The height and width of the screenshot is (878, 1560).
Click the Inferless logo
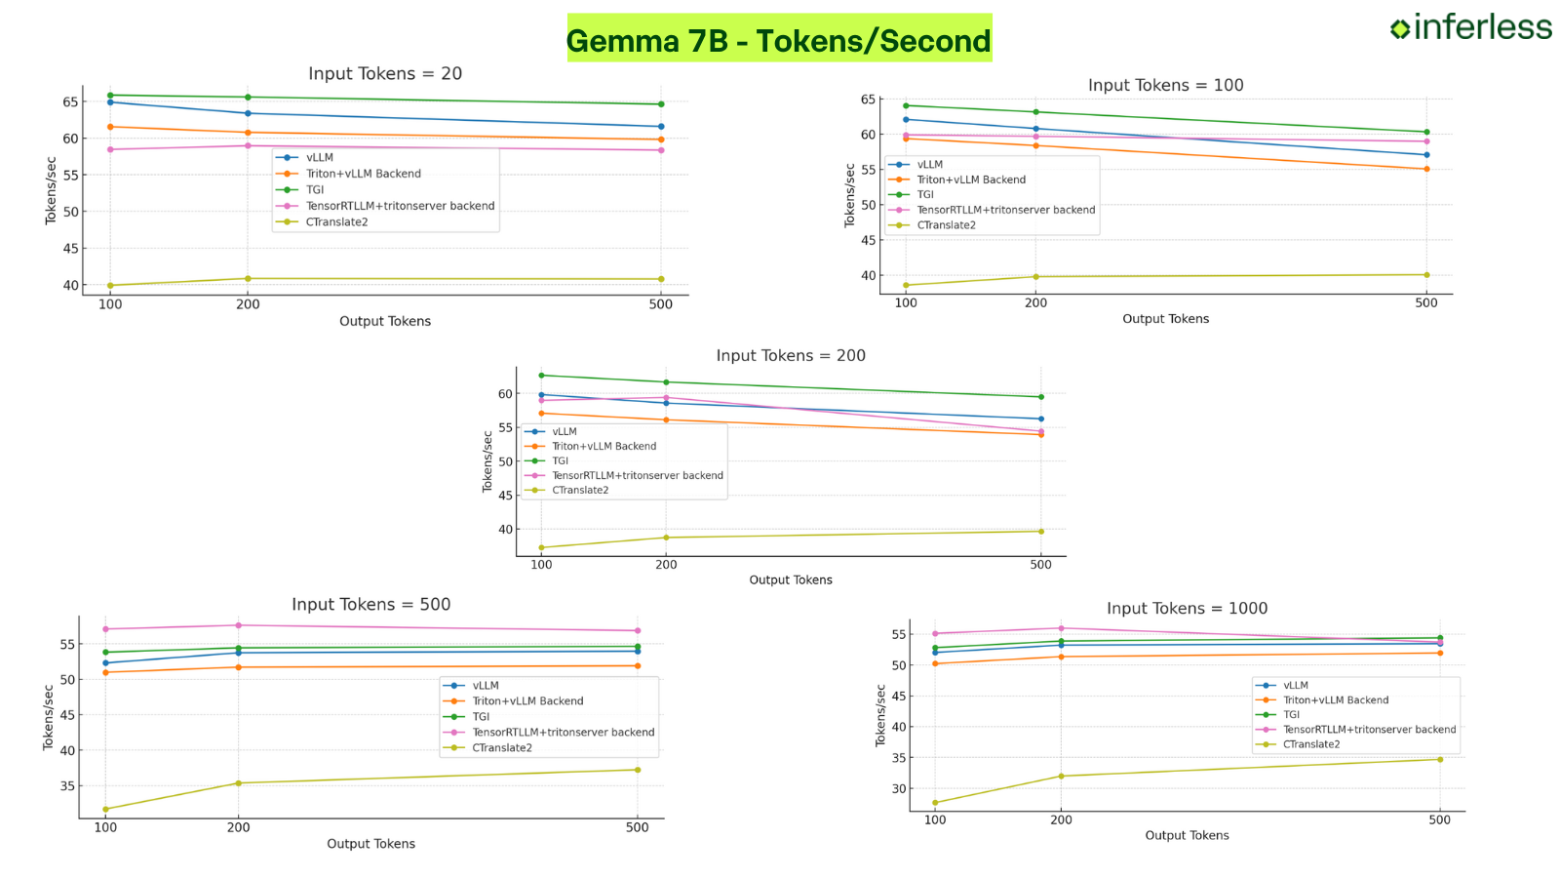[x=1470, y=27]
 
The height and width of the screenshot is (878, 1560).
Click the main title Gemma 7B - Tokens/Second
[x=778, y=41]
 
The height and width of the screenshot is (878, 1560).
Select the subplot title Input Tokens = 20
[x=385, y=74]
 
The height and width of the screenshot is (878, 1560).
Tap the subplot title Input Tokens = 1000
[x=1187, y=609]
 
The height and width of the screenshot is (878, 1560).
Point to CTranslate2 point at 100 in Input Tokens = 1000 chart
[x=935, y=803]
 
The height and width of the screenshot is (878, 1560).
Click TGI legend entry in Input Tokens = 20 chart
[x=314, y=190]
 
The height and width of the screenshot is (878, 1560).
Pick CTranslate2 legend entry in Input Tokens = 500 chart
[x=501, y=748]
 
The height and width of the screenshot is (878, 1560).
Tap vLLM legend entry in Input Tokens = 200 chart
[x=564, y=431]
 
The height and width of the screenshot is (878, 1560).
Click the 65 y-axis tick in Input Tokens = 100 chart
[x=868, y=100]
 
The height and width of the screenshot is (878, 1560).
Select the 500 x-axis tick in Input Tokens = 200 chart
[x=1040, y=565]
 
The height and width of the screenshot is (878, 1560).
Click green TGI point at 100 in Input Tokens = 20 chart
[x=110, y=96]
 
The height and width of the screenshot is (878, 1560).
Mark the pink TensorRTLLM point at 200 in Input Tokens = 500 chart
[x=238, y=625]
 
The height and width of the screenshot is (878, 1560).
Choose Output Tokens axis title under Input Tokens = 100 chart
[x=1165, y=319]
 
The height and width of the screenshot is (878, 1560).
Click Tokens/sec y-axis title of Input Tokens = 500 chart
[x=49, y=717]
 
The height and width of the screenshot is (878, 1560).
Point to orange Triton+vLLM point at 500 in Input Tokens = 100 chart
[x=1426, y=169]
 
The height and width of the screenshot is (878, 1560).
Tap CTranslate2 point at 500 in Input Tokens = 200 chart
[x=1040, y=532]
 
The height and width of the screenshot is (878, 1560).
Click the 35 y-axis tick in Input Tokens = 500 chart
[x=67, y=786]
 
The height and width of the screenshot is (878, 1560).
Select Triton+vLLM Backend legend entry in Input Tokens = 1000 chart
[x=1335, y=700]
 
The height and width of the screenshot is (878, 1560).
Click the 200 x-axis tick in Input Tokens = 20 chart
[x=248, y=304]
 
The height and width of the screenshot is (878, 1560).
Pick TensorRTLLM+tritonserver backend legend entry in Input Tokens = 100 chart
[x=1005, y=210]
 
